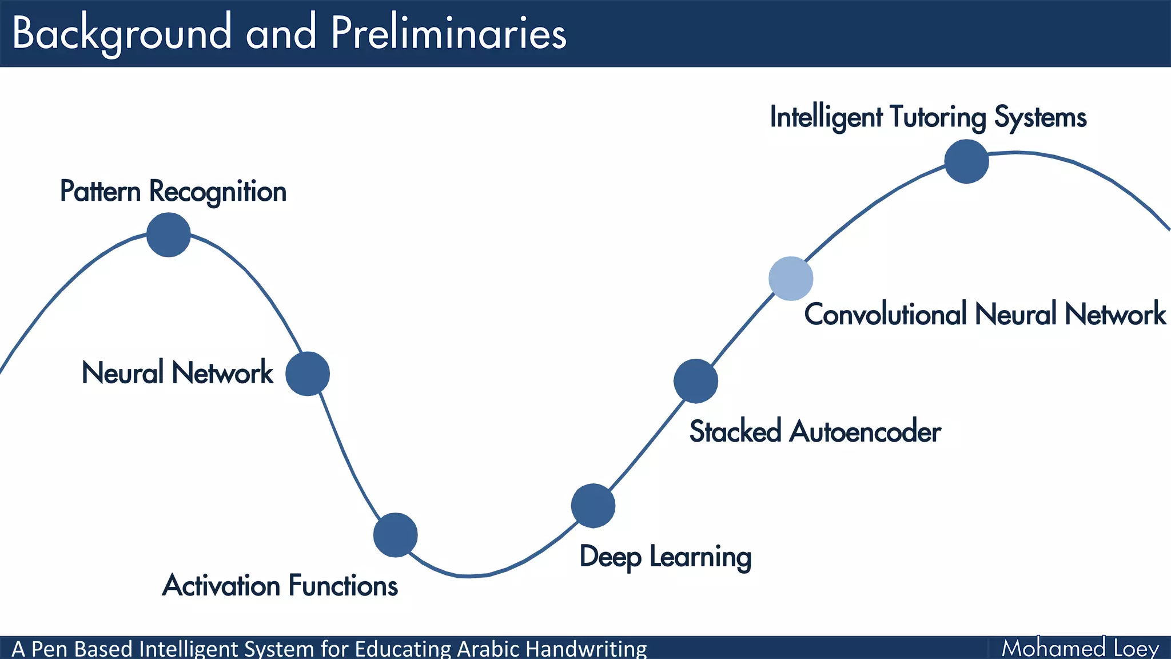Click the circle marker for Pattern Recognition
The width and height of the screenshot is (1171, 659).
coord(168,235)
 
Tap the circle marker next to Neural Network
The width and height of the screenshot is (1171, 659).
coord(308,374)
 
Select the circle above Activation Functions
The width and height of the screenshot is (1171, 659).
coord(395,535)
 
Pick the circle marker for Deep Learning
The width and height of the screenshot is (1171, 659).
coord(593,506)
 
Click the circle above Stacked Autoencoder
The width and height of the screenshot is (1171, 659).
coord(695,381)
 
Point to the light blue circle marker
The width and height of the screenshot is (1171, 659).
coord(791,279)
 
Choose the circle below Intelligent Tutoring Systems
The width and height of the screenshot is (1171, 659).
coord(966,161)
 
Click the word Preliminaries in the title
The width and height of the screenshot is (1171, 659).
coord(449,33)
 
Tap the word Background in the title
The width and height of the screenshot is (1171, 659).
coord(122,33)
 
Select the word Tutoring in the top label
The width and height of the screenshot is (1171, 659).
coord(938,117)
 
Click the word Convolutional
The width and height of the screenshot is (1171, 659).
coord(885,314)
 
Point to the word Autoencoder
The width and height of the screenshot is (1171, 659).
coord(865,431)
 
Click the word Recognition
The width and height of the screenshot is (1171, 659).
coord(217,191)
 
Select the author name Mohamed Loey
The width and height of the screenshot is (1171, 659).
coord(1080,648)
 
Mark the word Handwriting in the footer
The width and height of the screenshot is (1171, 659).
coord(586,649)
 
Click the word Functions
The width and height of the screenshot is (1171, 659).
coord(343,585)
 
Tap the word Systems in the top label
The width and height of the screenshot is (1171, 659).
coord(1040,117)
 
